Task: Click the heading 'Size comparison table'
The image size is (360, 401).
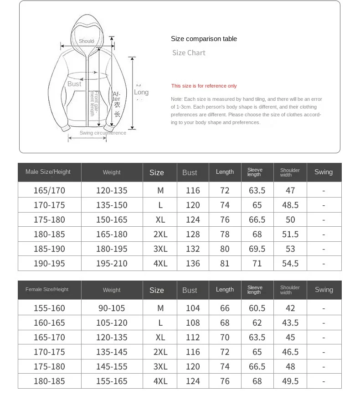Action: pos(204,39)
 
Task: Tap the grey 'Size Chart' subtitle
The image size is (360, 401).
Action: pos(189,53)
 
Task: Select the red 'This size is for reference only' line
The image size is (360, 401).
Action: pos(204,86)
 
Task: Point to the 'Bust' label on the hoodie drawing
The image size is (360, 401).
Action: pos(74,84)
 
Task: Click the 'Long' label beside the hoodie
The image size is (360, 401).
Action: pos(141,92)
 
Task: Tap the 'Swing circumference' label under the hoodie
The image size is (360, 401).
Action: pos(103,133)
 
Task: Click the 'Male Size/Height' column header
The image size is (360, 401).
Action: pos(48,172)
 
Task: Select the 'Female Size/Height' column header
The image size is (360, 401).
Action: pos(47,290)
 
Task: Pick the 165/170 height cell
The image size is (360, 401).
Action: pos(49,190)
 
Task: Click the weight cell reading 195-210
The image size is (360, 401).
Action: pos(112,263)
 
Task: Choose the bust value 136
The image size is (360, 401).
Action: pos(193,263)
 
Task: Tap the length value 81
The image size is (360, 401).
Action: pos(225,263)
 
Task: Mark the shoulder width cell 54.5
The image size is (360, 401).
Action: pos(290,263)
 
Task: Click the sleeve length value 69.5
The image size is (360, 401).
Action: pos(257,249)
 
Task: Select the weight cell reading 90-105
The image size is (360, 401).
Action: pos(112,308)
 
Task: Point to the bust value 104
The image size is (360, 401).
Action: pos(193,308)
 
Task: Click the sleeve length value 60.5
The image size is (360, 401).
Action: pos(257,308)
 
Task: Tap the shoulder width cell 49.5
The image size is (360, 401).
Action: pos(290,381)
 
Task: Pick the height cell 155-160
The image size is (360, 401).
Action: pos(49,308)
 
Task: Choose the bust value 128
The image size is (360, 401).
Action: pos(193,234)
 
